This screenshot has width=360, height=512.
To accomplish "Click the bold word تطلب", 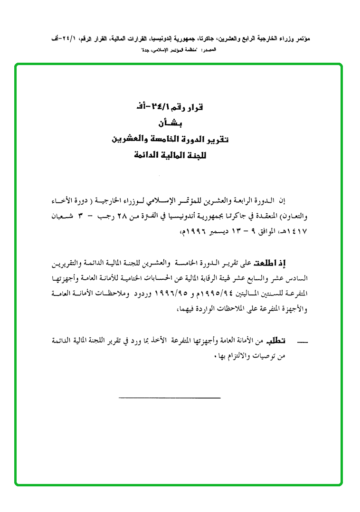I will (x=277, y=341).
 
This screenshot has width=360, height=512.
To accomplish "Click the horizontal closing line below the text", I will (x=169, y=398).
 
